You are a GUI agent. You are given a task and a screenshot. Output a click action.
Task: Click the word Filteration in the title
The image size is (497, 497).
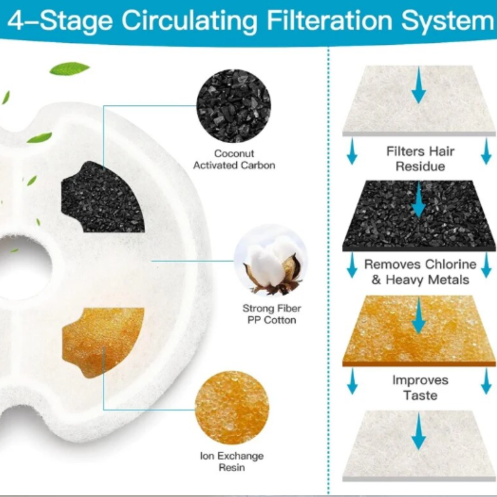329,20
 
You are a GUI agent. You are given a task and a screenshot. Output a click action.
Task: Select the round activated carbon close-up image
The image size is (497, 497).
234,106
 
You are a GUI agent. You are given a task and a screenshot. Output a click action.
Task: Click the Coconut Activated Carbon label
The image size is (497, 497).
234,159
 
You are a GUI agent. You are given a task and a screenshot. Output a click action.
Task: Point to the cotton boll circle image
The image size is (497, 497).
271,261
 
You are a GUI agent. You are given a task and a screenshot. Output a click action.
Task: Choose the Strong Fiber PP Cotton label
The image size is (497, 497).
272,314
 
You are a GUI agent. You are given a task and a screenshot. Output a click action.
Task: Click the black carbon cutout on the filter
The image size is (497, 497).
103,197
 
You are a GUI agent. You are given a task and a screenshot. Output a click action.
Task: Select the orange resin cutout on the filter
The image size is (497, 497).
103,343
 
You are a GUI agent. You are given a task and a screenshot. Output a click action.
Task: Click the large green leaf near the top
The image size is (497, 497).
70,68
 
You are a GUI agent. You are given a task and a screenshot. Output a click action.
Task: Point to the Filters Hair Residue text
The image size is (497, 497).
420,159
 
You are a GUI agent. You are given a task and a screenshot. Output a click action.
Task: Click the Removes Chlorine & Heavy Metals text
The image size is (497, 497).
420,272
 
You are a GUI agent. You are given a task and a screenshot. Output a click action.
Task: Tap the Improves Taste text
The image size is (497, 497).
420,388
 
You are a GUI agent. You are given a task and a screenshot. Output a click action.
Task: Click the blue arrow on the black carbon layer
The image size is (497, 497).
419,200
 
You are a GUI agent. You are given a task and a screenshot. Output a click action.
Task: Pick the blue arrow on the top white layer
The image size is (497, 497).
419,85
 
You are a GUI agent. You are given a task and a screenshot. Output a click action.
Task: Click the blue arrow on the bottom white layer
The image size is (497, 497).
419,432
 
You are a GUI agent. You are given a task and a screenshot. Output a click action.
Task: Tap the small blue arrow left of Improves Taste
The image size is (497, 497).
352,381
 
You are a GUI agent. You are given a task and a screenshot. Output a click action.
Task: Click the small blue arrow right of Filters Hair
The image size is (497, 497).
486,151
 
